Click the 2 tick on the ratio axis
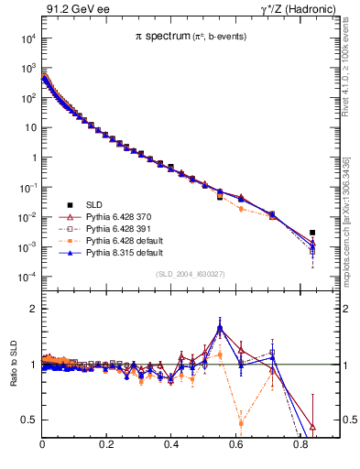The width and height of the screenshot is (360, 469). coord(34,309)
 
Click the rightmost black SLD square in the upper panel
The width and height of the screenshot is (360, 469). coord(312,233)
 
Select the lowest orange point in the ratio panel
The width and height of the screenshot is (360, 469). coord(241,423)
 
